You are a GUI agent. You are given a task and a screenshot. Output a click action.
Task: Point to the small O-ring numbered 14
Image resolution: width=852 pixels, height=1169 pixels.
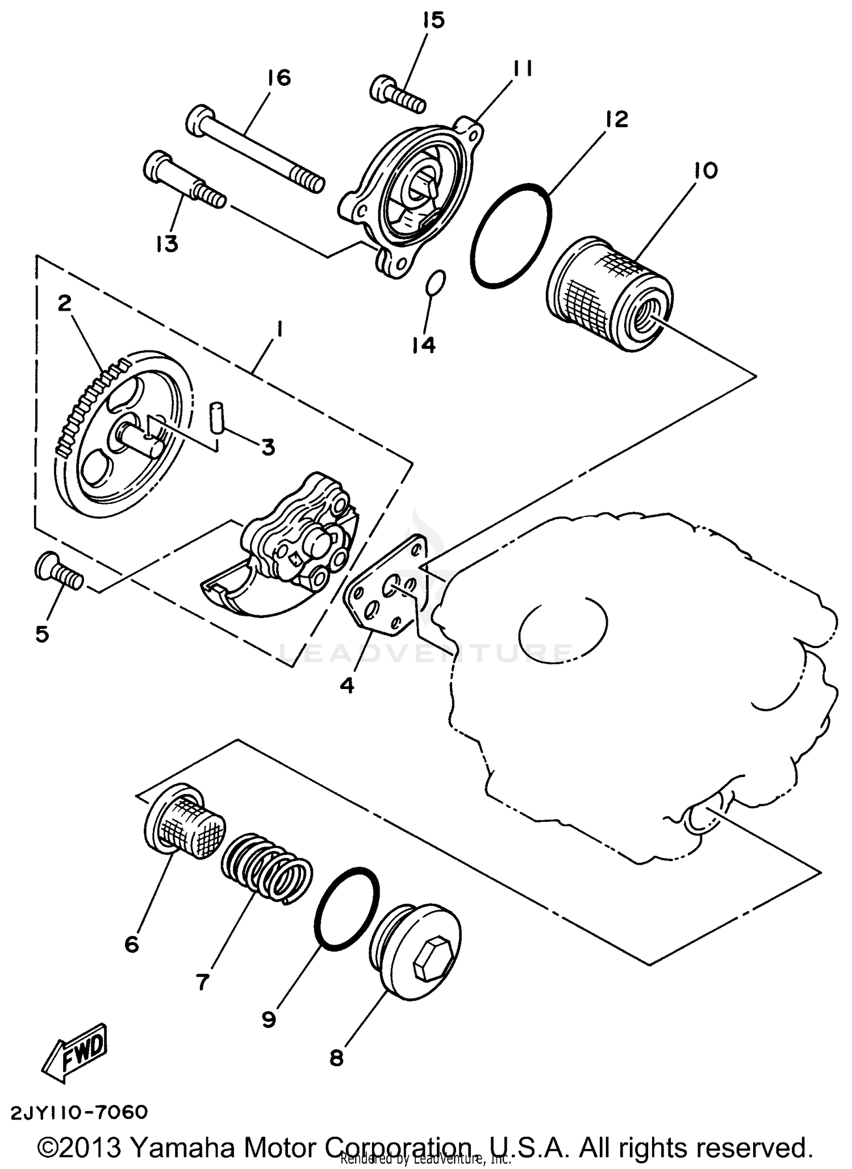click(436, 282)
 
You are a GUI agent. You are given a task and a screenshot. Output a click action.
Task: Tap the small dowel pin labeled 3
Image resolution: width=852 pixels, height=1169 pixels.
click(216, 417)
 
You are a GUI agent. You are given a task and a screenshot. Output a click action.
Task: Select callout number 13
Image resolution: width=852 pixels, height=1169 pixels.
click(167, 244)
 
